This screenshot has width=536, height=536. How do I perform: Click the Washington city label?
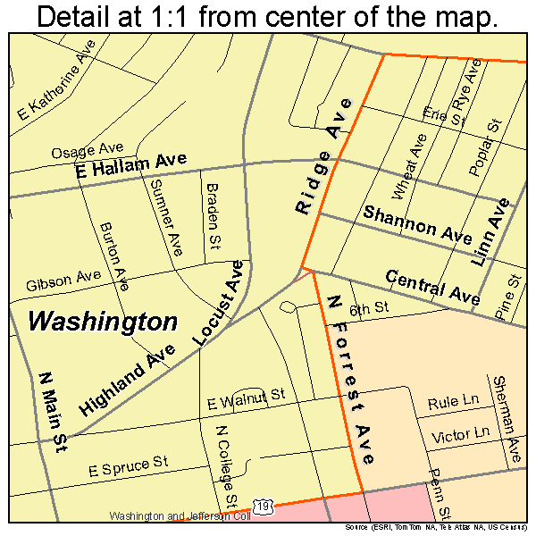(x=103, y=322)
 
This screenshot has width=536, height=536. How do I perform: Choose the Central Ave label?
(x=432, y=287)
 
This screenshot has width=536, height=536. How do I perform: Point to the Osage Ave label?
(x=86, y=151)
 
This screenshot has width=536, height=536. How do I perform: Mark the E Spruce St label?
(x=128, y=465)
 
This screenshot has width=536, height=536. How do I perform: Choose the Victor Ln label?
(x=461, y=434)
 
